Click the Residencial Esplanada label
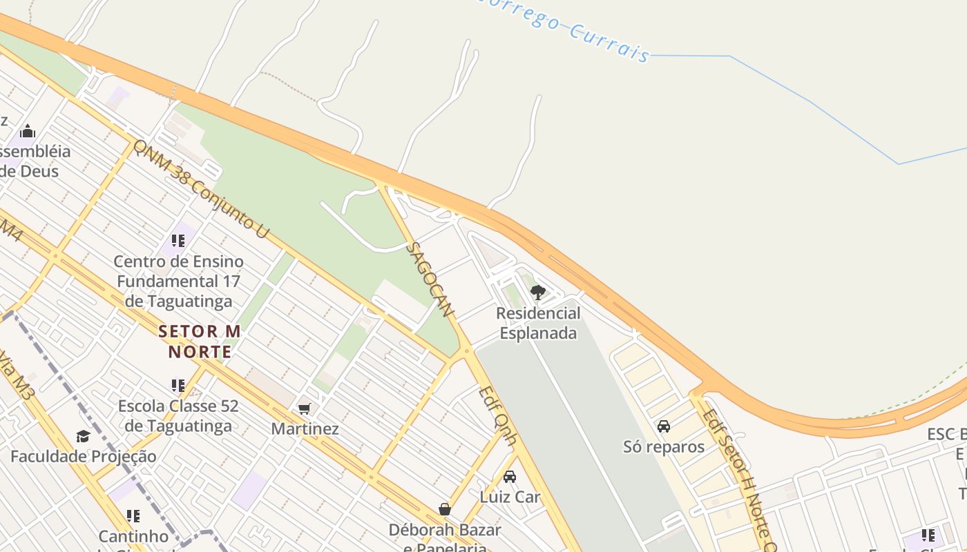pos(539,323)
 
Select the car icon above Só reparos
pos(664,426)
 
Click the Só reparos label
pos(664,446)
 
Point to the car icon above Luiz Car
pos(510,476)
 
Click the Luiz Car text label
pos(510,496)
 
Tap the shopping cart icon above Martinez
pos(305,408)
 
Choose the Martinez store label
pos(305,428)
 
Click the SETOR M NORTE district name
pos(200,341)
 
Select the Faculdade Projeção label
pos(83,456)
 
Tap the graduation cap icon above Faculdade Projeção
pos(83,436)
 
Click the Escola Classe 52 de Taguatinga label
pos(178,415)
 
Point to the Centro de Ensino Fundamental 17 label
pos(178,281)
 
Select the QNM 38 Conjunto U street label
pos(200,188)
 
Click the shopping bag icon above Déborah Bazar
pos(445,509)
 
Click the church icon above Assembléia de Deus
pos(28,131)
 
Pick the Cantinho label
pos(133,536)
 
